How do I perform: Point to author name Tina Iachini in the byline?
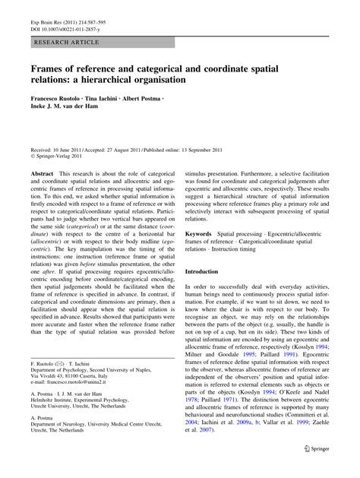(x=114, y=100)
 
